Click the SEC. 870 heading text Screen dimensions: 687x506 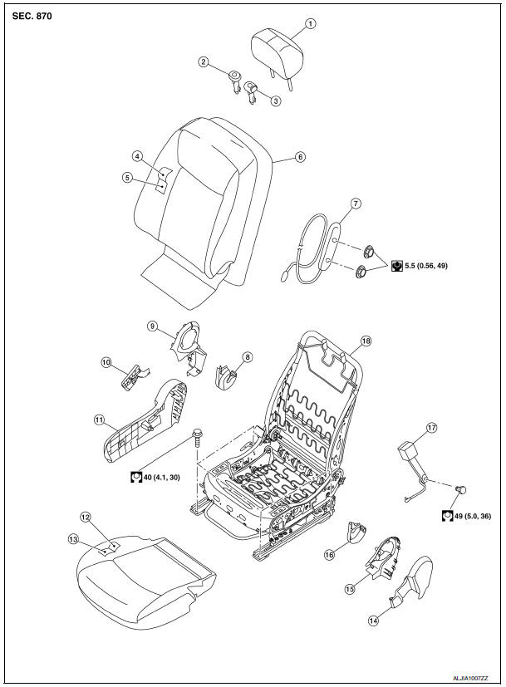(x=32, y=16)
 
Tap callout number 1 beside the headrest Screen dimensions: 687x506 (x=310, y=23)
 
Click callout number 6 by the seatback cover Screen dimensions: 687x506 (x=301, y=156)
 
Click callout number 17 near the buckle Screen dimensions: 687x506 (x=431, y=428)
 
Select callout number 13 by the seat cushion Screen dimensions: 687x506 (x=73, y=538)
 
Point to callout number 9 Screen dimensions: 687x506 (x=153, y=326)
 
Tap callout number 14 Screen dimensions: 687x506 (x=372, y=619)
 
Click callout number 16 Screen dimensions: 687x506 (x=329, y=554)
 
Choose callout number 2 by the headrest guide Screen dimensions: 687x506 (x=203, y=61)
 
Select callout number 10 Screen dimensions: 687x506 (x=106, y=361)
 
